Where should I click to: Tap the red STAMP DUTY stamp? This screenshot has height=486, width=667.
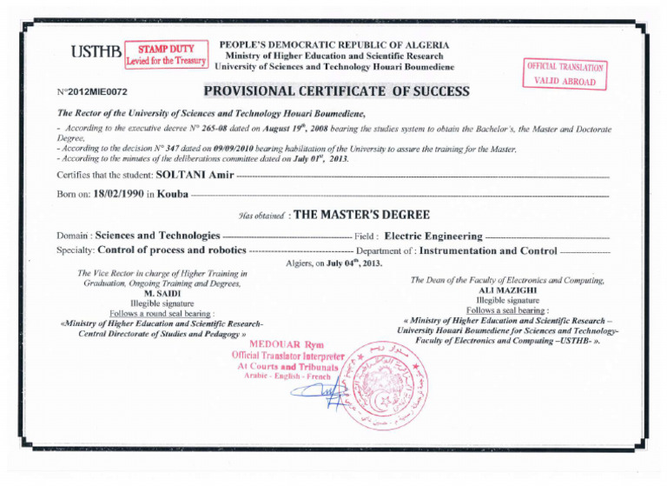pyautogui.click(x=166, y=53)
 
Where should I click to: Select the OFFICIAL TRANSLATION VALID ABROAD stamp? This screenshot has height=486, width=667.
pyautogui.click(x=565, y=73)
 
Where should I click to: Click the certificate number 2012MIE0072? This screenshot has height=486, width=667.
pyautogui.click(x=91, y=91)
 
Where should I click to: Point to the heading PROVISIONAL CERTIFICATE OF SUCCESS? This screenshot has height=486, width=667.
pyautogui.click(x=336, y=90)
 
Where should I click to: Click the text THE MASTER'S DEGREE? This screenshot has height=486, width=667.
pyautogui.click(x=362, y=215)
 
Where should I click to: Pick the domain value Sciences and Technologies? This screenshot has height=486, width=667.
pyautogui.click(x=157, y=235)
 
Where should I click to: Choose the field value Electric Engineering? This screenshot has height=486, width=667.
pyautogui.click(x=433, y=235)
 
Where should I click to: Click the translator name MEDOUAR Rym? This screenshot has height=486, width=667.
pyautogui.click(x=290, y=343)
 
